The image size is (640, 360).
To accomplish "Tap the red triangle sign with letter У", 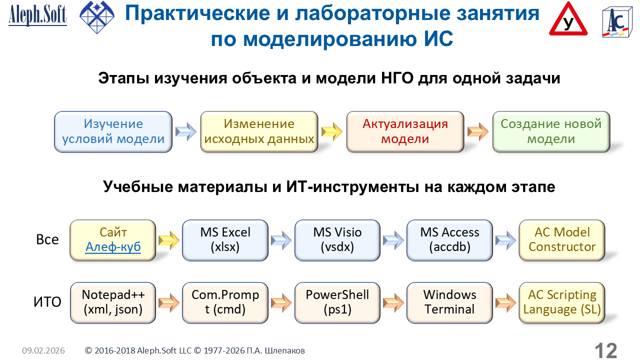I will tap(568, 20).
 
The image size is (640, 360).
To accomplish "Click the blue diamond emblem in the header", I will tap(97, 17).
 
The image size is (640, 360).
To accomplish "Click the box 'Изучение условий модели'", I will tap(113, 131).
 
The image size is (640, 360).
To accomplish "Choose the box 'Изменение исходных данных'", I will tap(259, 131).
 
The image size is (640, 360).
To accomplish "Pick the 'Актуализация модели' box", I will tap(405, 131).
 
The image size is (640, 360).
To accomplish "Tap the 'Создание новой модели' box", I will tap(551, 131).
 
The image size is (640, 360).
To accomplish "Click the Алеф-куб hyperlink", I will tap(113, 247).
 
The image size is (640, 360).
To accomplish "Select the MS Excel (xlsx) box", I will tap(225, 239).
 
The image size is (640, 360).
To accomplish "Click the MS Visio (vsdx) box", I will tap(337, 239).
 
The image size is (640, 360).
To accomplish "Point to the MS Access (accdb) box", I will tap(449, 239).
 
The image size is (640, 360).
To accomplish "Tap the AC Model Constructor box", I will tap(562, 239).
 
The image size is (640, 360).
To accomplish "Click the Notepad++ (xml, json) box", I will tap(112, 302).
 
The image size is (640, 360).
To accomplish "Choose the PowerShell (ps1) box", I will tap(337, 302).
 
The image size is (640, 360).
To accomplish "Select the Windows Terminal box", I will tap(449, 302).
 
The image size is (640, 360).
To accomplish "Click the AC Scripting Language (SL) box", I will tap(562, 302).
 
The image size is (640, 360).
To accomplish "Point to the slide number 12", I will tap(605, 350).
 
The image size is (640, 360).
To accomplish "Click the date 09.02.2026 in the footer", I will tap(43, 351).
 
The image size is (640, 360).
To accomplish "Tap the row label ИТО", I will tap(48, 302).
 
